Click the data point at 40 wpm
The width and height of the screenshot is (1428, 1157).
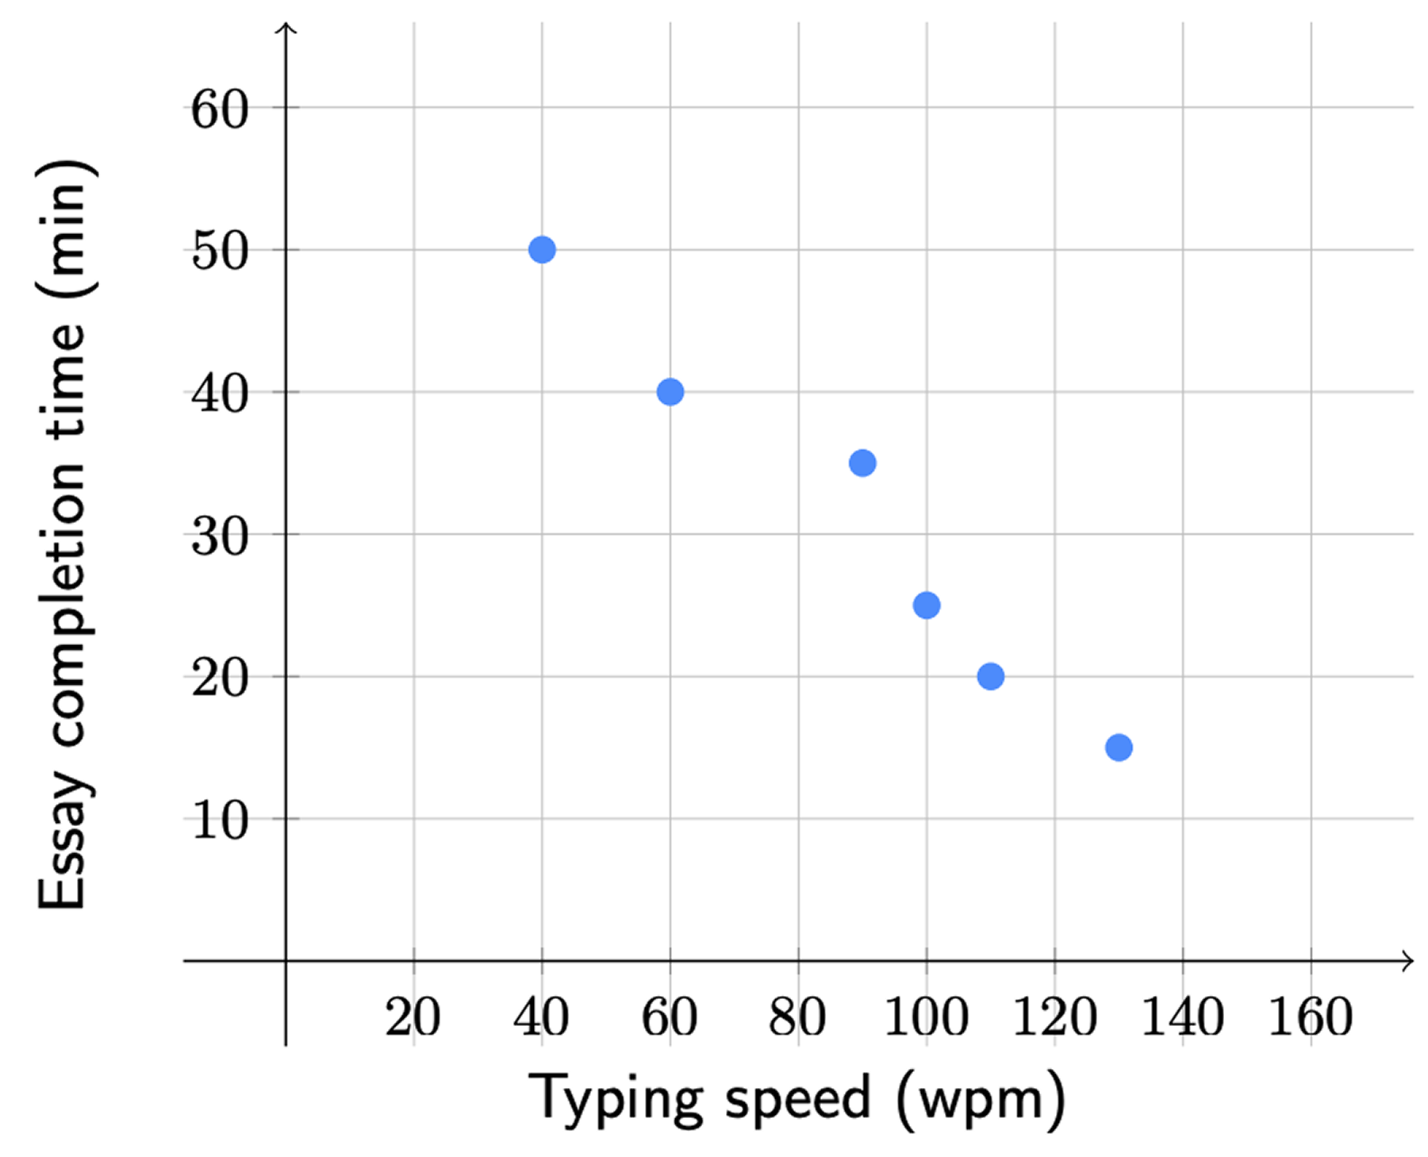pyautogui.click(x=542, y=250)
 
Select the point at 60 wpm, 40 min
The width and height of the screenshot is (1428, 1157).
pyautogui.click(x=670, y=392)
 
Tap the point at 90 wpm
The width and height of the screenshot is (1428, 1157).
pyautogui.click(x=862, y=463)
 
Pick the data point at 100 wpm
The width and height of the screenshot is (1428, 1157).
pyautogui.click(x=927, y=605)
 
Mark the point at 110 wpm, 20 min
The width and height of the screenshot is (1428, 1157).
pyautogui.click(x=991, y=676)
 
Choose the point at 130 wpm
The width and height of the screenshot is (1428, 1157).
pyautogui.click(x=1119, y=748)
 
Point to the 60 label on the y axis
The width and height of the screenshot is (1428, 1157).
pyautogui.click(x=220, y=110)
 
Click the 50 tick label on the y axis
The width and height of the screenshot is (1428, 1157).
pyautogui.click(x=220, y=252)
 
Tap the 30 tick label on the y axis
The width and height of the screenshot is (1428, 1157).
pyautogui.click(x=220, y=537)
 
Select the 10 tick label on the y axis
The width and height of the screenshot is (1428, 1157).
pyautogui.click(x=220, y=821)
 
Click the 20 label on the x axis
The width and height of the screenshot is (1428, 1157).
pyautogui.click(x=413, y=1017)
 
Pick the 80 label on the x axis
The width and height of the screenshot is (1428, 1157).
pyautogui.click(x=797, y=1017)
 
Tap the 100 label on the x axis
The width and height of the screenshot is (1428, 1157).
pyautogui.click(x=926, y=1017)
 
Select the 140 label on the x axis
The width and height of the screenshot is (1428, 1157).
pyautogui.click(x=1182, y=1017)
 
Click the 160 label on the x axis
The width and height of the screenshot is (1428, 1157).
pyautogui.click(x=1311, y=1017)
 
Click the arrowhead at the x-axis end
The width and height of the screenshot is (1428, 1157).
pyautogui.click(x=1408, y=961)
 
